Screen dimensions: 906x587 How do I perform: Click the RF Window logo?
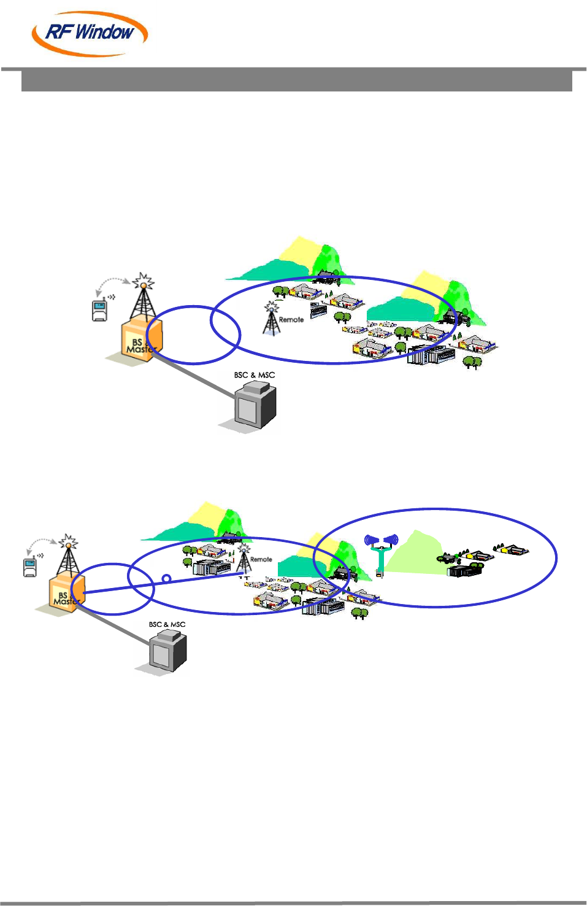(x=90, y=33)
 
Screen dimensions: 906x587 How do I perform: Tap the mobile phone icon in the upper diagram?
(x=100, y=309)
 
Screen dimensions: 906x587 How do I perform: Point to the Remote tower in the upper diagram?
(x=271, y=319)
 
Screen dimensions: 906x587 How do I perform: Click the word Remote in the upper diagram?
(x=291, y=320)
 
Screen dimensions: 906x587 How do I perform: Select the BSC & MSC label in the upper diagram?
(x=254, y=375)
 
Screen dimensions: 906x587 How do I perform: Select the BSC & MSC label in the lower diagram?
(x=167, y=624)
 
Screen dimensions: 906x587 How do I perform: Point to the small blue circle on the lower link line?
(x=166, y=578)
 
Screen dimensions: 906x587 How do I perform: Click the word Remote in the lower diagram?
(x=261, y=560)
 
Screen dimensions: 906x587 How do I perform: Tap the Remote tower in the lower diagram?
(x=244, y=558)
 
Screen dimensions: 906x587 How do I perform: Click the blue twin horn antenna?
(x=381, y=549)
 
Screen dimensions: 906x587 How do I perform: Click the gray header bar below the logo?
(x=297, y=81)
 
